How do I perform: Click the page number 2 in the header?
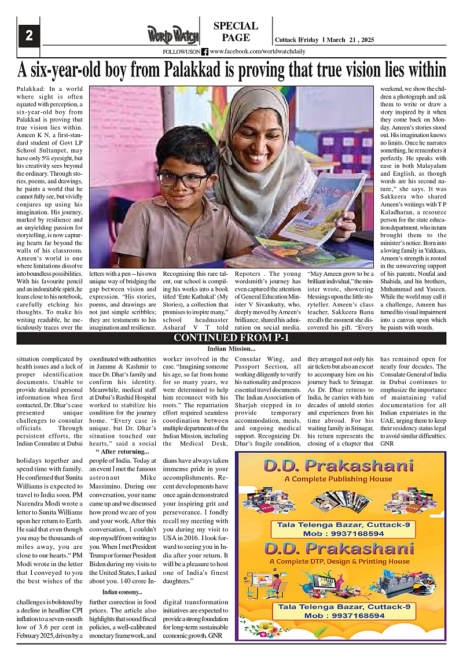click(28, 36)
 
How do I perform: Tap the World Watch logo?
click(172, 35)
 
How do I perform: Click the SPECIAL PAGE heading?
click(236, 32)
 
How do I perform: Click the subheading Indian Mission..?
click(231, 349)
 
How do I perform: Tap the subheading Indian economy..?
click(122, 592)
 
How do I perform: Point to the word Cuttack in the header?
click(286, 39)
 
